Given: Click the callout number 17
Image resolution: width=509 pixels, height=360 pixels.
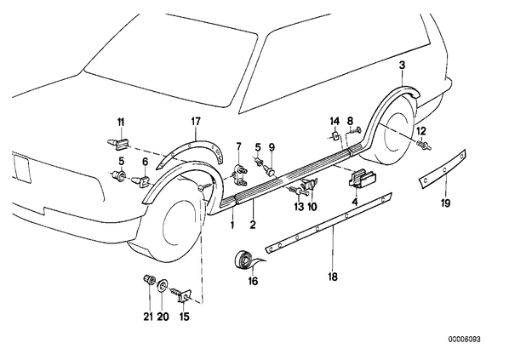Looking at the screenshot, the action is [x=196, y=122].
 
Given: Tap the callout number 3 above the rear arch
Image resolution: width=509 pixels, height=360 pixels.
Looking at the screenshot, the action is [x=403, y=66].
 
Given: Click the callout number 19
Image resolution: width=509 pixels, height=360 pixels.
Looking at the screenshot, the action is [x=446, y=203].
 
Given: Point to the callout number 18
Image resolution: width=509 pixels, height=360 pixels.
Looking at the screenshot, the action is [x=333, y=277].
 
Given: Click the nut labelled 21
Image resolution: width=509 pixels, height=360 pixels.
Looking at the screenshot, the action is [x=149, y=280].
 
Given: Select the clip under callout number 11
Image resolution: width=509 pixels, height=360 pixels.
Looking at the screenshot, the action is [x=118, y=144].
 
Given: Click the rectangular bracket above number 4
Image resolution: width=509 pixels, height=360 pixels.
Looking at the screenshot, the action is [x=363, y=180].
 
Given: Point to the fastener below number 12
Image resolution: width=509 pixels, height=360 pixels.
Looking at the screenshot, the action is [x=424, y=146].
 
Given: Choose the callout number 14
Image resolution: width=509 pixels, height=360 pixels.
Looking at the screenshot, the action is [x=335, y=122].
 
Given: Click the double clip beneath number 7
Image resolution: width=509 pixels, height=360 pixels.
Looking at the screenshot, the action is [x=240, y=175].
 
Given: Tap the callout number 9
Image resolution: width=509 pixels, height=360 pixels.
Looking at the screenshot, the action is [x=272, y=148].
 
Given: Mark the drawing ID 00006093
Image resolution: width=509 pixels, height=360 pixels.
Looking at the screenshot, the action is [x=465, y=340].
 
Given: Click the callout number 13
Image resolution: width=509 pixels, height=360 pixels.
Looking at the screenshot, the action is [x=299, y=207].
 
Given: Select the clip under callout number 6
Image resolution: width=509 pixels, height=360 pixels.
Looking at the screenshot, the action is [x=141, y=181].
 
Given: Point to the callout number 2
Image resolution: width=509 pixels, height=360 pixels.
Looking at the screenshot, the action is [x=253, y=225].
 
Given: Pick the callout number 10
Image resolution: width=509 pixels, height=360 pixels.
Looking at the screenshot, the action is [x=312, y=207].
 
